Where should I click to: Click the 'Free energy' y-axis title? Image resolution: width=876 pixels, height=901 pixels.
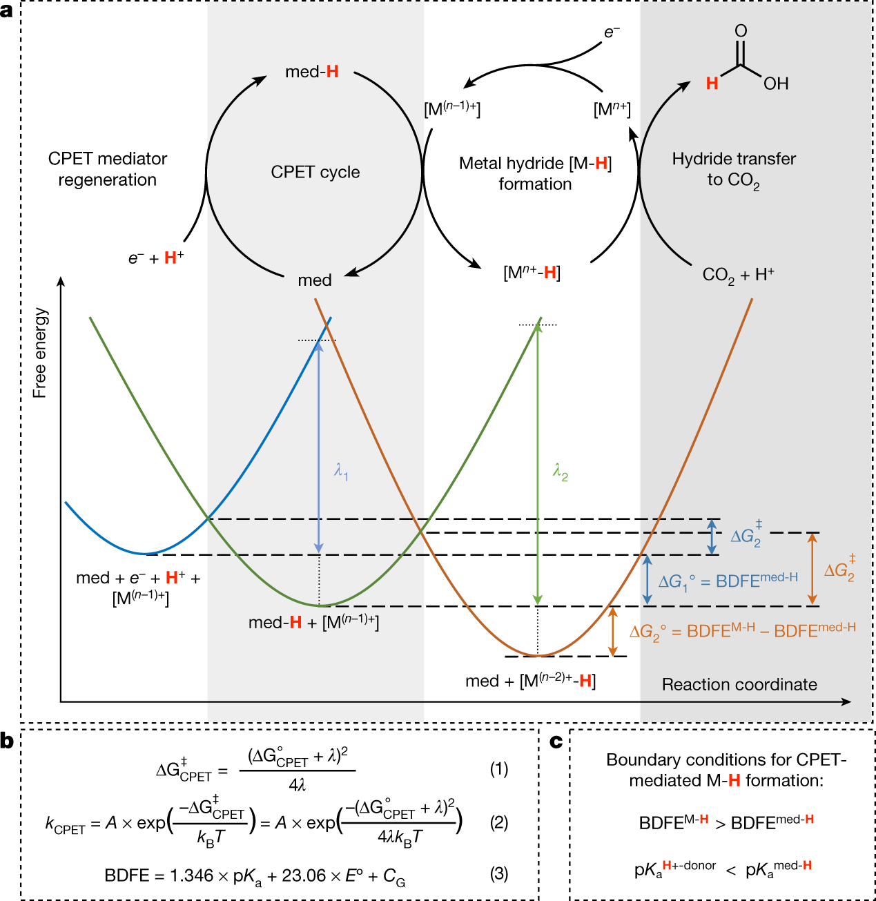coord(40,353)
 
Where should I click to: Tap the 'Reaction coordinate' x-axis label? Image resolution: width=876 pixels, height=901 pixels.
coord(739,684)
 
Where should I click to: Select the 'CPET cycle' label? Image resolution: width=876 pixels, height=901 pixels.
coord(315,172)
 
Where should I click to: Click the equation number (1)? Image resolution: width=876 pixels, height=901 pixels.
coord(498,768)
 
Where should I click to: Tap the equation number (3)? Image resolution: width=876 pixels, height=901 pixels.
coord(498,873)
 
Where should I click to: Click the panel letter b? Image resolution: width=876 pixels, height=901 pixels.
coord(8,742)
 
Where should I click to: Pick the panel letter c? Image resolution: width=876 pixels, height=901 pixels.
coord(556,742)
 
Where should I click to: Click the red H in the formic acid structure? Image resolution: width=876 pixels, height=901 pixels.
coord(712,84)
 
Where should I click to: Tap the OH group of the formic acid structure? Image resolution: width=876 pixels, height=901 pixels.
coord(776,84)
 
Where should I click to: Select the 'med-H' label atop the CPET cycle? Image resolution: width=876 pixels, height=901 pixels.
coord(312,72)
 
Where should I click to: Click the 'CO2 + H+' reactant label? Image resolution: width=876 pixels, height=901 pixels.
coord(738,275)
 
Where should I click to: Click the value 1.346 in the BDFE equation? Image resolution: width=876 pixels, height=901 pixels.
coord(191,875)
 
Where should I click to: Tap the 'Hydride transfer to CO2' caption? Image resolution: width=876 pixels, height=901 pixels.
coord(734,169)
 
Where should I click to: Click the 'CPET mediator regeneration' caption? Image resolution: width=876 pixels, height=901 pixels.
coord(108,169)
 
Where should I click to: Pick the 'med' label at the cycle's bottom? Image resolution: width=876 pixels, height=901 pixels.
coord(315,280)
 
